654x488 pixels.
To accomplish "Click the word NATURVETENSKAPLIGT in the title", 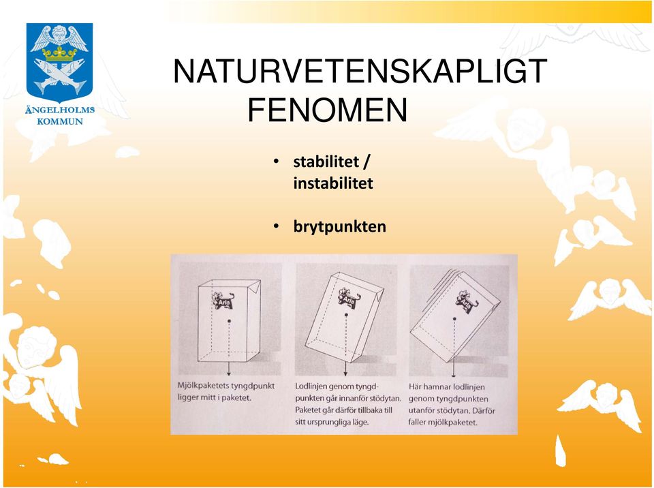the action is pyautogui.click(x=360, y=72).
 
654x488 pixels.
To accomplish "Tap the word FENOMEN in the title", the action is pyautogui.click(x=328, y=110).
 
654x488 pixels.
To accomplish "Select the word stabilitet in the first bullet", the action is pyautogui.click(x=326, y=162).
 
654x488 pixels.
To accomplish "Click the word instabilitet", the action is pyautogui.click(x=333, y=183).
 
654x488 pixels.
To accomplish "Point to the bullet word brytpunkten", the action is pyautogui.click(x=340, y=227).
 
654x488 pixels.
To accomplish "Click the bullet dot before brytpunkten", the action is pyautogui.click(x=276, y=226).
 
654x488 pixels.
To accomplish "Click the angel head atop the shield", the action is pyautogui.click(x=60, y=34).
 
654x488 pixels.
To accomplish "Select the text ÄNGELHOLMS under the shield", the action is pyautogui.click(x=60, y=110).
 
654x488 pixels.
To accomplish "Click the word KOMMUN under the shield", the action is pyautogui.click(x=60, y=121).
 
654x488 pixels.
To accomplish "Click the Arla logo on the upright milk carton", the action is pyautogui.click(x=223, y=300).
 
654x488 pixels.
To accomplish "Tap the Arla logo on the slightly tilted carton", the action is pyautogui.click(x=349, y=298).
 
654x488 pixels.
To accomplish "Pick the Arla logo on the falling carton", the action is pyautogui.click(x=467, y=301).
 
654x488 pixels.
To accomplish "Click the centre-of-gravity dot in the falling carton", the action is pyautogui.click(x=454, y=319).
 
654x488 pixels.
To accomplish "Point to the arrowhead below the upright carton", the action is pyautogui.click(x=229, y=373).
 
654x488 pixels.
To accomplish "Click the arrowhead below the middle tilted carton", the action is pyautogui.click(x=345, y=373).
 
